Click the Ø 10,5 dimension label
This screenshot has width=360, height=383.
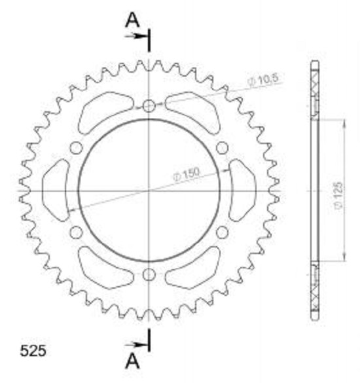[x=263, y=80]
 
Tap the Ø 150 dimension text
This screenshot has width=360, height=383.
[x=187, y=174]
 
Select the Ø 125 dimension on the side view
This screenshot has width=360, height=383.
[x=338, y=195]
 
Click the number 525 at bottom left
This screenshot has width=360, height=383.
[x=33, y=351]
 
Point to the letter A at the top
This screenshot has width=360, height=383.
[x=132, y=20]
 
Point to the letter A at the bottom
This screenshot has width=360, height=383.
[x=132, y=361]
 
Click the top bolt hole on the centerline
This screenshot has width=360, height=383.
[x=149, y=106]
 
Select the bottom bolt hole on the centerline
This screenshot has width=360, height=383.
[x=149, y=275]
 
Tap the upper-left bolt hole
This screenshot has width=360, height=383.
[x=76, y=148]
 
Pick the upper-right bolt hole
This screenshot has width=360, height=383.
[x=222, y=148]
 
